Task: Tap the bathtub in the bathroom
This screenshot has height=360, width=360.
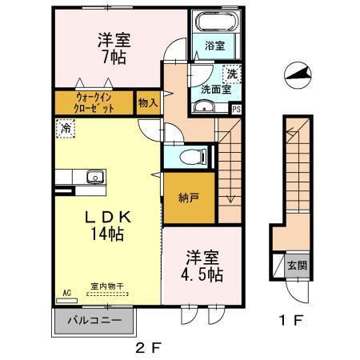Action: [212, 24]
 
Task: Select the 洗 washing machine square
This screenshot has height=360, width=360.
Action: [230, 74]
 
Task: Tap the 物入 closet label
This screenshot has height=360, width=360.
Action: [148, 103]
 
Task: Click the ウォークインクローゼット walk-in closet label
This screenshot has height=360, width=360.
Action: [94, 102]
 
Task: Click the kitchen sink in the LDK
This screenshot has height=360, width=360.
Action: [92, 175]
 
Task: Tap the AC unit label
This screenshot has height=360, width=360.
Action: [66, 294]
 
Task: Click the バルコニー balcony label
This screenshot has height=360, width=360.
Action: [94, 322]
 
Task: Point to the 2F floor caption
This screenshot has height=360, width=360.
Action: [150, 349]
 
